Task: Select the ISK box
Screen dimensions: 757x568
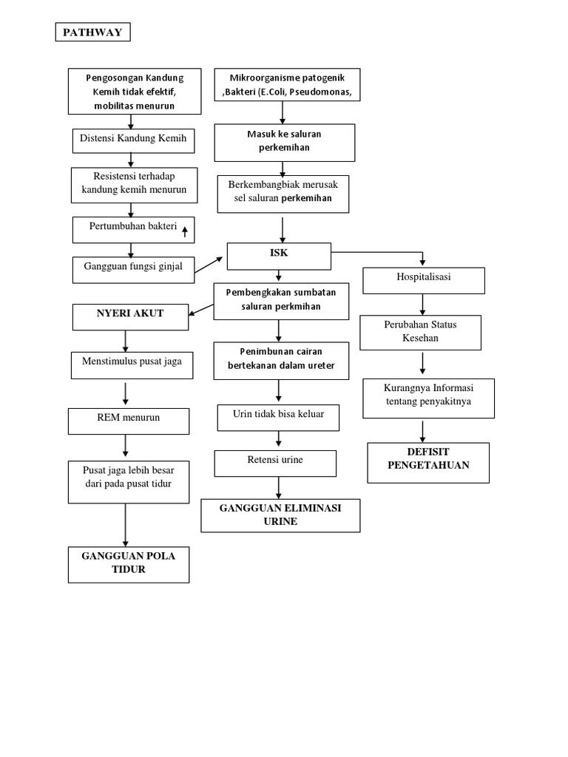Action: pyautogui.click(x=278, y=257)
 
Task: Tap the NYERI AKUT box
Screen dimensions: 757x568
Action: pyautogui.click(x=130, y=315)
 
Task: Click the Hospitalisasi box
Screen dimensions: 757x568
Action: pyautogui.click(x=423, y=279)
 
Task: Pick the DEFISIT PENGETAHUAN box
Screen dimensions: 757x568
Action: pyautogui.click(x=428, y=462)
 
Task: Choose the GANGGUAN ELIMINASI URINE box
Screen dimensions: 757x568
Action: pyautogui.click(x=280, y=515)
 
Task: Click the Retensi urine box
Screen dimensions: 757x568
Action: pyautogui.click(x=275, y=462)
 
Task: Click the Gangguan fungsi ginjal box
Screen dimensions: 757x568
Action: pyautogui.click(x=133, y=269)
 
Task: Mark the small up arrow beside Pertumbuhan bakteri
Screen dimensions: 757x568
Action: pyautogui.click(x=185, y=231)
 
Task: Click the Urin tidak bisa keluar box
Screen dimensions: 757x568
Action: pyautogui.click(x=279, y=417)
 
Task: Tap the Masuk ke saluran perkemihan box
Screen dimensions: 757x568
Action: pyautogui.click(x=285, y=142)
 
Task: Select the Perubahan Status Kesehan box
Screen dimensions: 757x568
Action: pyautogui.click(x=420, y=333)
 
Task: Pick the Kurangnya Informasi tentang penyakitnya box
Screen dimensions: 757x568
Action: pyautogui.click(x=427, y=396)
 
